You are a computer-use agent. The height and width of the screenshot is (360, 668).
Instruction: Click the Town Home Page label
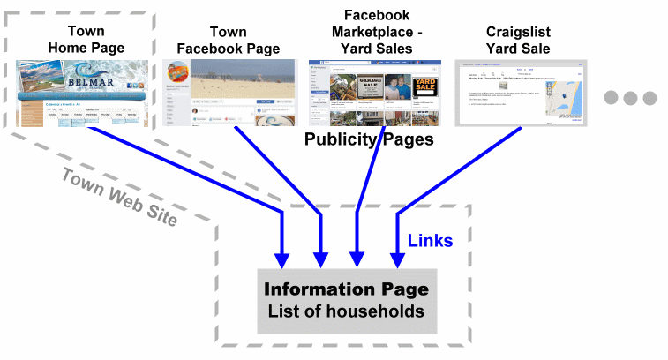tap(85, 40)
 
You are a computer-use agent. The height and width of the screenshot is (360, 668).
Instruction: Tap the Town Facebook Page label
tap(229, 40)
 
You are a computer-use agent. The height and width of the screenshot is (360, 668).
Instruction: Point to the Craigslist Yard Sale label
tap(518, 40)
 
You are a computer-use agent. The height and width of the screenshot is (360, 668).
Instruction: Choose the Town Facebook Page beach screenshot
tap(229, 94)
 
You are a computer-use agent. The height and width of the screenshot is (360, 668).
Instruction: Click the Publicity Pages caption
tap(369, 139)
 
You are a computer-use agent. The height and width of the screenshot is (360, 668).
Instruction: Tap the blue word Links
tap(431, 240)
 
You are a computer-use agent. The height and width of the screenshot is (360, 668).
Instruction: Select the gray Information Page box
tap(346, 300)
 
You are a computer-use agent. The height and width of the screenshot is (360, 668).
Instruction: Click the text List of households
tap(346, 312)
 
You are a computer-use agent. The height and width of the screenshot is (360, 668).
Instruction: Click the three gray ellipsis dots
tap(630, 98)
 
